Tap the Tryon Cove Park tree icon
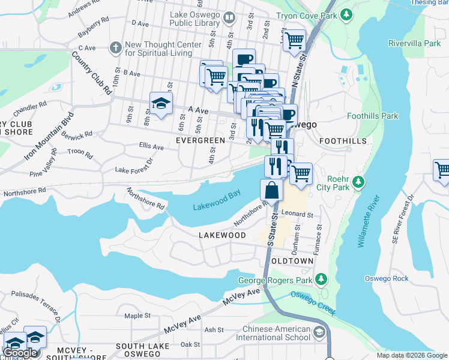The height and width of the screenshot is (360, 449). pos(346,14)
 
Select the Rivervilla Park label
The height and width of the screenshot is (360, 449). pos(414,43)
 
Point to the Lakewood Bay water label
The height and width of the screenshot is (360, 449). pos(217,202)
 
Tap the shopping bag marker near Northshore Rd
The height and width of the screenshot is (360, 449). pos(271,190)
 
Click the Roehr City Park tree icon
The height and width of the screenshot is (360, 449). pos(358,181)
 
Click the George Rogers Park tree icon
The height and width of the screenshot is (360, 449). pos(321,279)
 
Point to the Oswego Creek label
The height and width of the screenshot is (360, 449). pos(313,303)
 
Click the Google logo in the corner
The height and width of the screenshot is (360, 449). pos(20,352)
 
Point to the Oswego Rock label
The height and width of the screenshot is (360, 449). pos(386,278)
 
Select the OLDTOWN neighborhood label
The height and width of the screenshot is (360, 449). pos(292,262)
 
